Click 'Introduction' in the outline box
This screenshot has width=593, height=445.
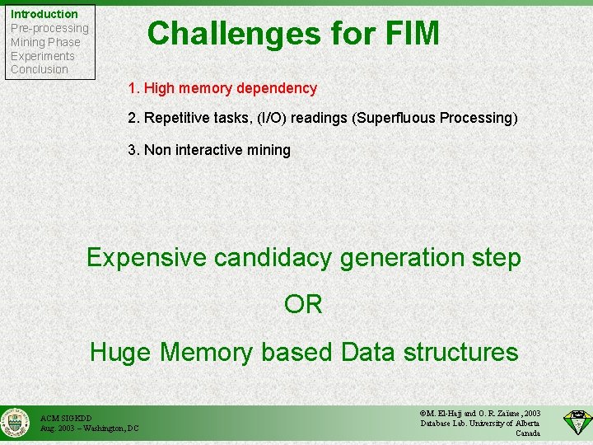click(44, 14)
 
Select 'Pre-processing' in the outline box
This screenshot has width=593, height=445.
click(49, 28)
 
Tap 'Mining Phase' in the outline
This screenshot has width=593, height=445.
click(45, 42)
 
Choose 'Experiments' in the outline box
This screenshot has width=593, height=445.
click(42, 56)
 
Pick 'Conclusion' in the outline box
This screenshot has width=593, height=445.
click(39, 69)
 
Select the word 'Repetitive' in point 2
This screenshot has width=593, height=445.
click(175, 118)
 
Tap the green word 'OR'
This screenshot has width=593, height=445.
click(303, 304)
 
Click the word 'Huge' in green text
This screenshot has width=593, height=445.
click(121, 352)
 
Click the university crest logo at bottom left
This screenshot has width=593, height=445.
click(16, 423)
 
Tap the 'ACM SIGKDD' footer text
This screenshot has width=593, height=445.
click(67, 418)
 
